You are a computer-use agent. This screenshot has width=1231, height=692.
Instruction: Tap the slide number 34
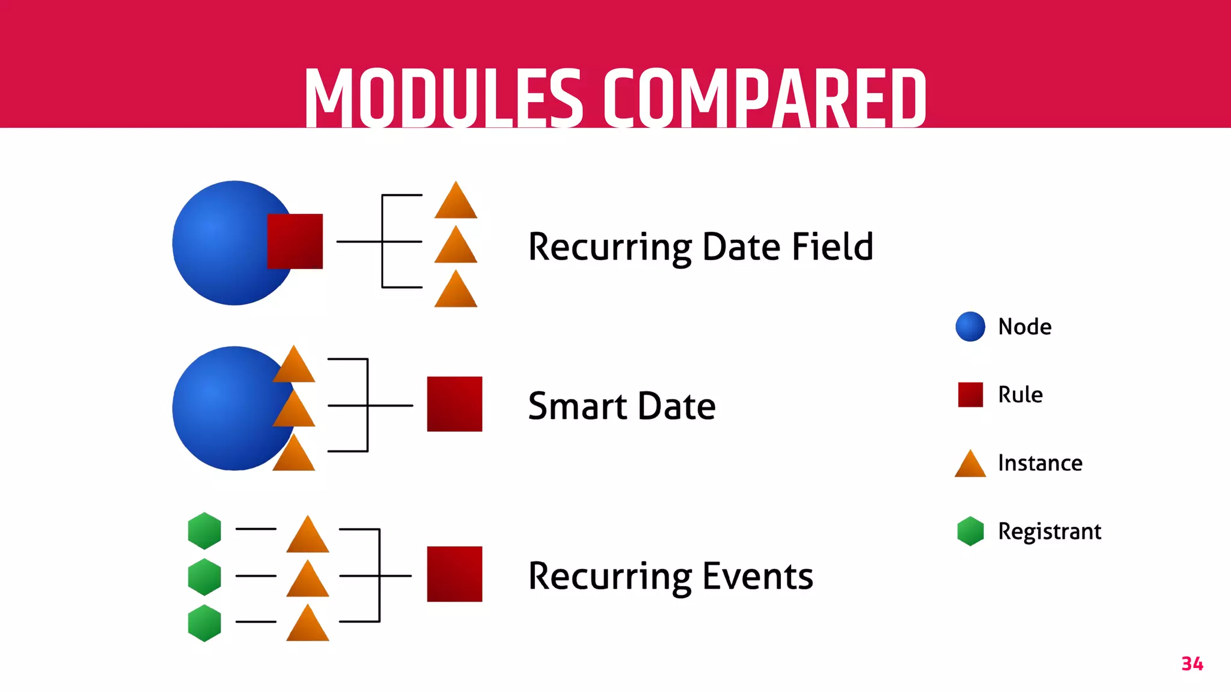(x=1192, y=664)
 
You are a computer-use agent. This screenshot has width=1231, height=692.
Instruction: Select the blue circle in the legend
(x=970, y=327)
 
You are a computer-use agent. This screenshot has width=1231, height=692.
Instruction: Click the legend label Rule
(x=1020, y=395)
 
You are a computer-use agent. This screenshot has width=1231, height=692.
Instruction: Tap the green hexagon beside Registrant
(x=970, y=531)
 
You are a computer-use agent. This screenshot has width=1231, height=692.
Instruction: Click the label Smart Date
(x=622, y=406)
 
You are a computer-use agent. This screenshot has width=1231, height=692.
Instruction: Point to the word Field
(x=832, y=246)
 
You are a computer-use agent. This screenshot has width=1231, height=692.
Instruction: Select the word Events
(x=757, y=576)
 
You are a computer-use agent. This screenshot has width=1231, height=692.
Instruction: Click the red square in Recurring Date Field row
(x=295, y=241)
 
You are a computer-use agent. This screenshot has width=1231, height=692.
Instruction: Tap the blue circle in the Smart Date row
(x=225, y=408)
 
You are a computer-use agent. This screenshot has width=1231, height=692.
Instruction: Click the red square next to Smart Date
(x=454, y=404)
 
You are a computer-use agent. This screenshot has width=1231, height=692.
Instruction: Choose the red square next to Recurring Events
(x=454, y=574)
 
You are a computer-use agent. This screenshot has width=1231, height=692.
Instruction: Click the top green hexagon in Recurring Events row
(x=204, y=531)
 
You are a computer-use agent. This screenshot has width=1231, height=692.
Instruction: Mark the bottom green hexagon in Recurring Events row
(x=204, y=623)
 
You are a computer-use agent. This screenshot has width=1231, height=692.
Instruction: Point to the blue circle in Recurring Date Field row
(x=222, y=243)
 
